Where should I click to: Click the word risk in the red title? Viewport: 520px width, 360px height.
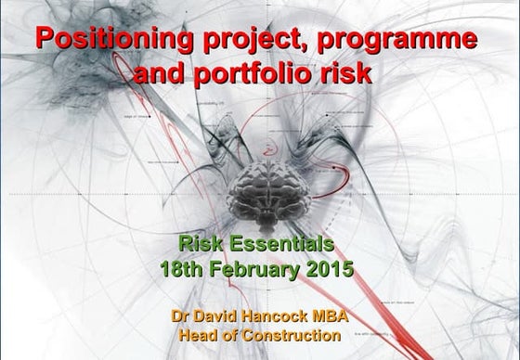(x=344, y=73)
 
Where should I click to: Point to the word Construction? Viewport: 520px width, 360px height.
(x=292, y=335)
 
